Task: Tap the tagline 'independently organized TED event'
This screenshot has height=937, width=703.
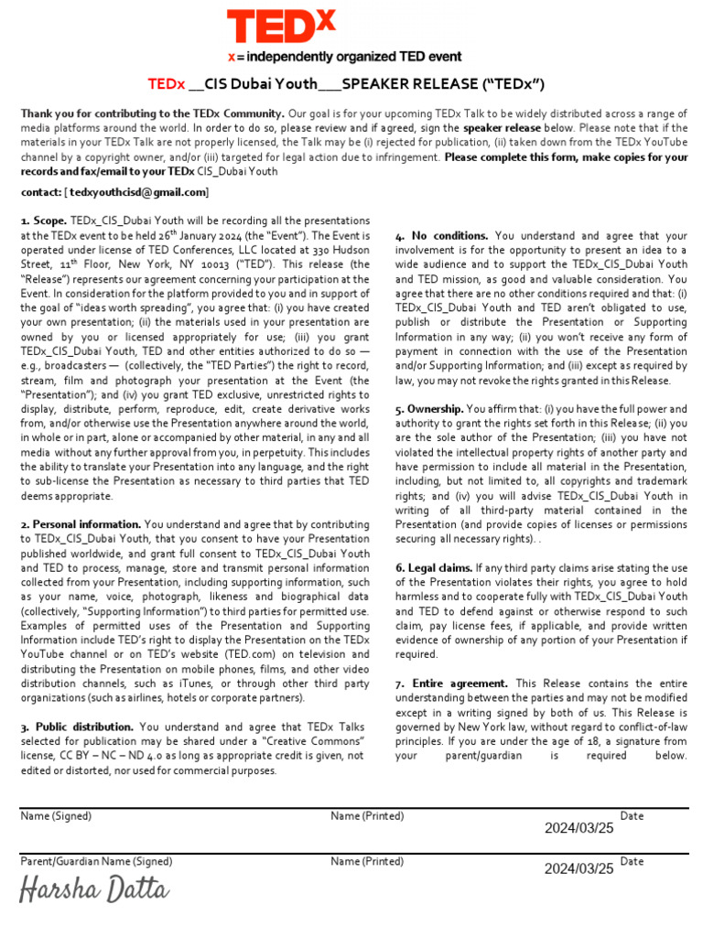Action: (x=357, y=57)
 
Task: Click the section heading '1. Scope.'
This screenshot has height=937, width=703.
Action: (x=44, y=221)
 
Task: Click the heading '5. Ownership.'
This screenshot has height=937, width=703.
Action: (x=429, y=409)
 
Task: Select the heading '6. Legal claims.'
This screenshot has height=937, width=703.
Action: (x=434, y=568)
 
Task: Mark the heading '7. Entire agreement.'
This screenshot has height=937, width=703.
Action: (x=451, y=684)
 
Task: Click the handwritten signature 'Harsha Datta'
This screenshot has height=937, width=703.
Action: (x=95, y=889)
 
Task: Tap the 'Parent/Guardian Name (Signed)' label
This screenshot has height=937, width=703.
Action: (x=96, y=861)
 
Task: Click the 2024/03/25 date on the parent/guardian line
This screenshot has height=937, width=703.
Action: (x=579, y=869)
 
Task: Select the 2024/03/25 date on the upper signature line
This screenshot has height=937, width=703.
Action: (x=579, y=828)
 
